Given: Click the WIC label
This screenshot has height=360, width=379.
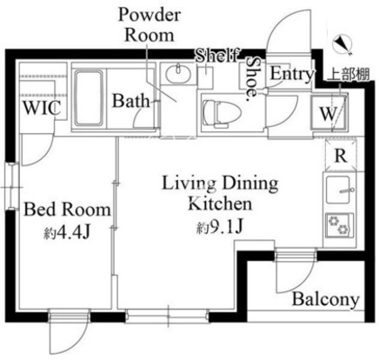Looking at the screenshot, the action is pyautogui.click(x=42, y=108).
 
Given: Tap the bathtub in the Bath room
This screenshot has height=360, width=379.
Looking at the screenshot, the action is pyautogui.click(x=89, y=98).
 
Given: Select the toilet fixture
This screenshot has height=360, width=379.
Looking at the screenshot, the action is pyautogui.click(x=222, y=113).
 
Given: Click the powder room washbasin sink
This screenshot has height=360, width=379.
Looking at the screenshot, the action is pyautogui.click(x=178, y=73).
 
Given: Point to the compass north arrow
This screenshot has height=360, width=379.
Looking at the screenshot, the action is pyautogui.click(x=342, y=44).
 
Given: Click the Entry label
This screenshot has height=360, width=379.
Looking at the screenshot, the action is pyautogui.click(x=292, y=74).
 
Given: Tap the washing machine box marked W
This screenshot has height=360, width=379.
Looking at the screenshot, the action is pyautogui.click(x=329, y=112).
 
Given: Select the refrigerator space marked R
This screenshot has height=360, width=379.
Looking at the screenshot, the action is pyautogui.click(x=341, y=156).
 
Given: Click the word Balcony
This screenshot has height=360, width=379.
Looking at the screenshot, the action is pyautogui.click(x=326, y=299).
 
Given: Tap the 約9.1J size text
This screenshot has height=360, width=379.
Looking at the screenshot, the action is pyautogui.click(x=219, y=228).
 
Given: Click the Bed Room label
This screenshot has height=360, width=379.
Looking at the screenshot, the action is pyautogui.click(x=67, y=210).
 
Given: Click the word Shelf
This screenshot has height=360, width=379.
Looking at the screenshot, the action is pyautogui.click(x=217, y=55).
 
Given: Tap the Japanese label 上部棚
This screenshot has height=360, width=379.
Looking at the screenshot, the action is pyautogui.click(x=349, y=75).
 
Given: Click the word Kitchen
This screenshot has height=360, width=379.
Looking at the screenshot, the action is pyautogui.click(x=220, y=203).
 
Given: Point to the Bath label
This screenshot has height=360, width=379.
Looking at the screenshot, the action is pyautogui.click(x=131, y=101).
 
